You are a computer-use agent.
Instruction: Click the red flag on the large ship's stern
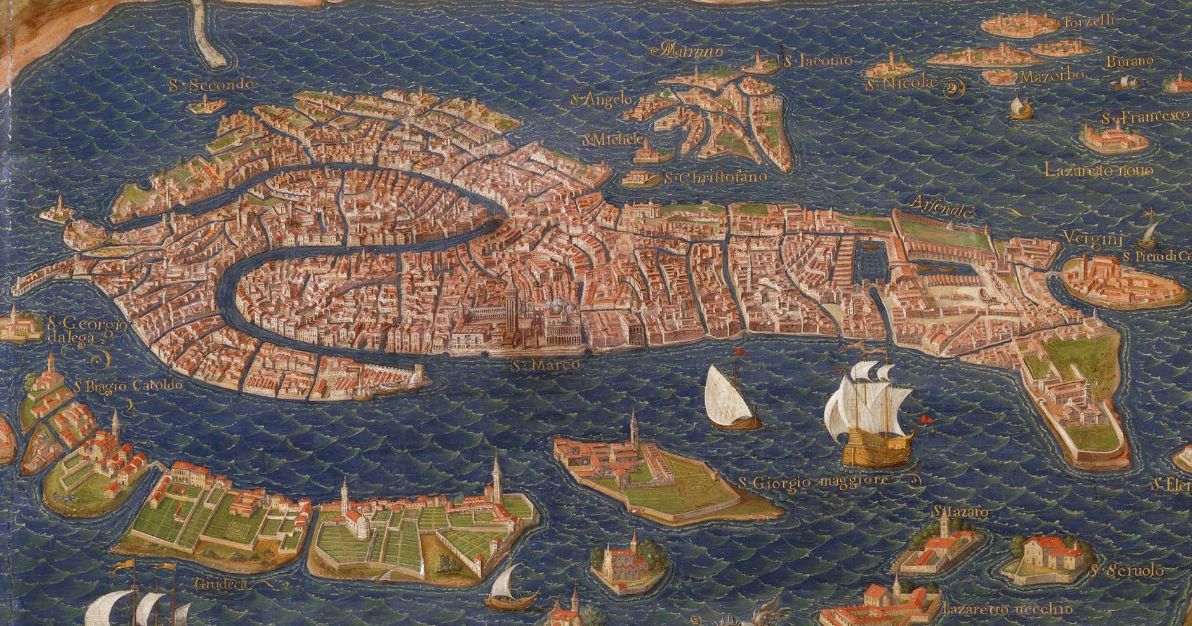point(925,419)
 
